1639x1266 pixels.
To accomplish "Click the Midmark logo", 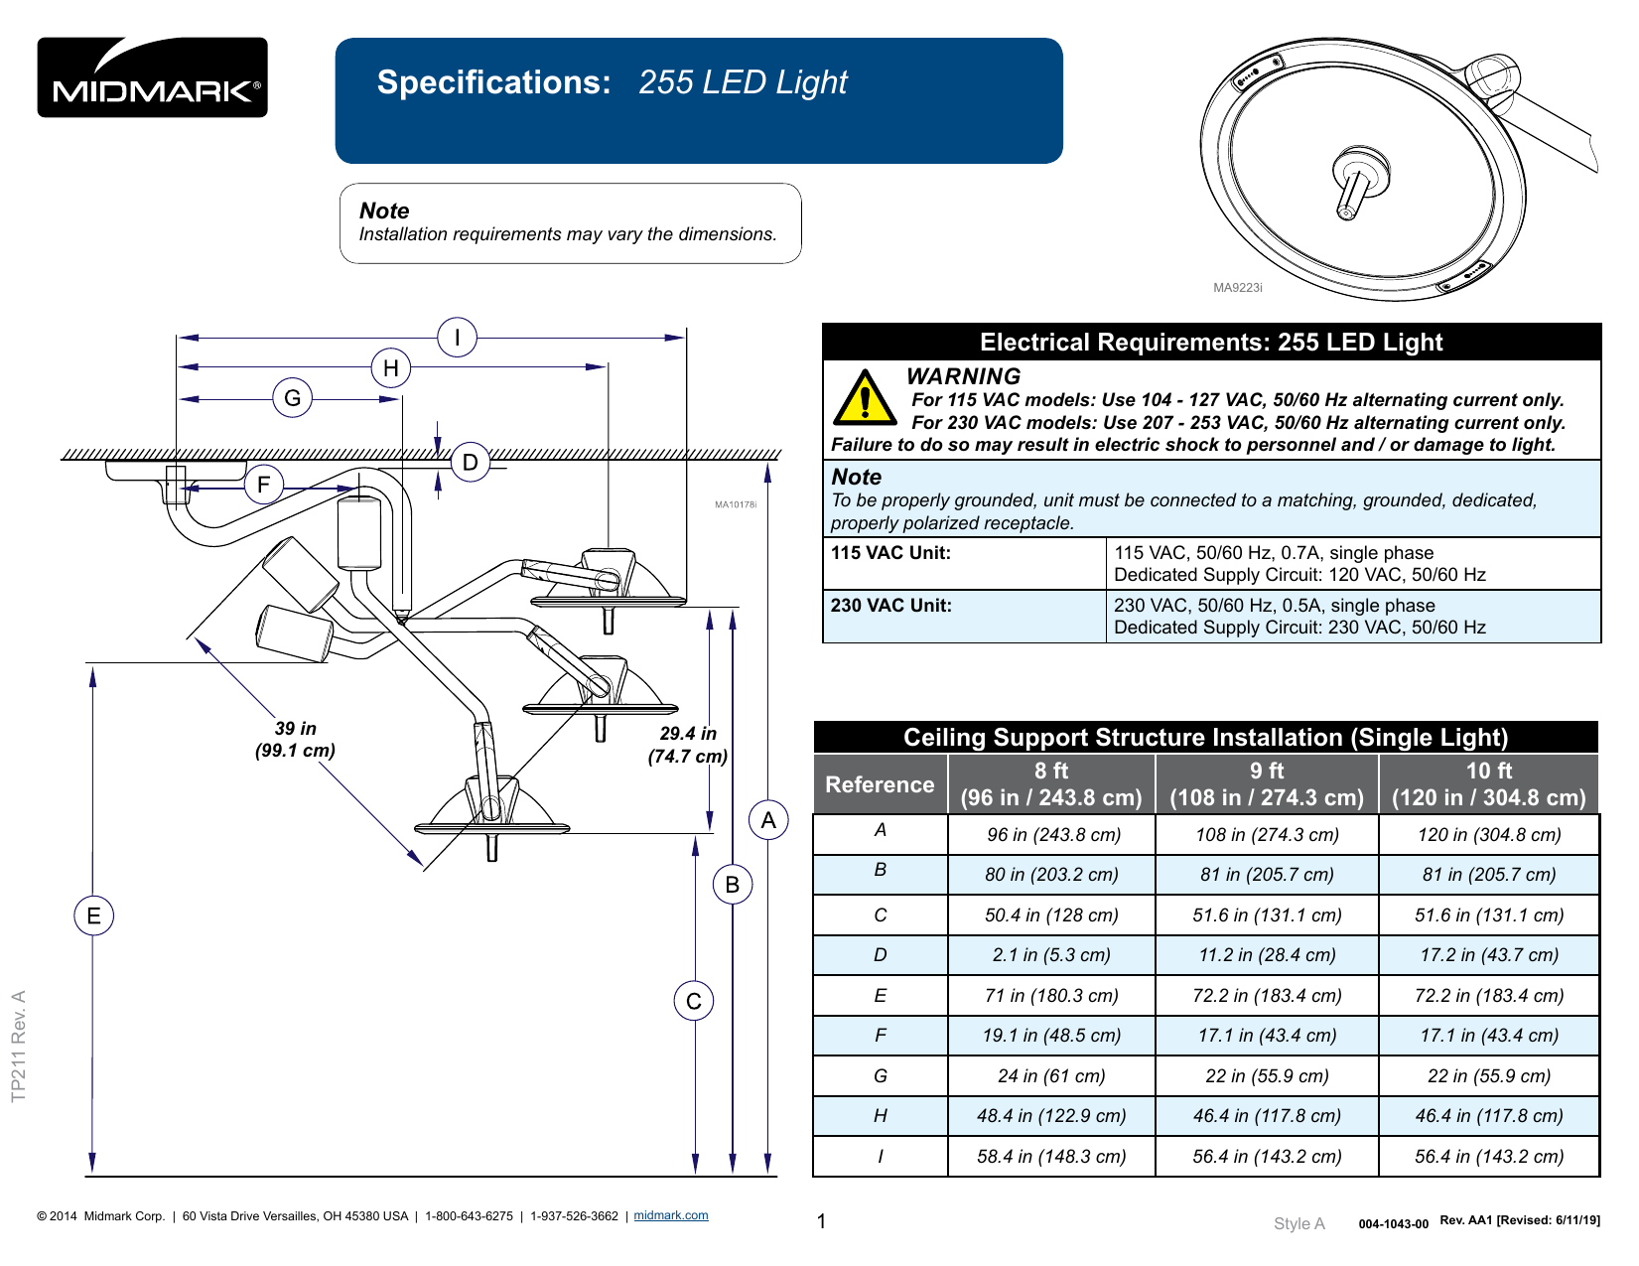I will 152,77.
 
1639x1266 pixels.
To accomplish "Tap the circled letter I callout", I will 457,338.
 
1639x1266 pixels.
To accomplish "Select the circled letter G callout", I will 292,399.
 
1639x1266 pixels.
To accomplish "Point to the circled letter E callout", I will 93,915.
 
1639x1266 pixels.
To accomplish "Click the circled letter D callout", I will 470,462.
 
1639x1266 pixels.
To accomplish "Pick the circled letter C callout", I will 693,1001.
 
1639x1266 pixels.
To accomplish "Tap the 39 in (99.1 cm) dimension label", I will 295,740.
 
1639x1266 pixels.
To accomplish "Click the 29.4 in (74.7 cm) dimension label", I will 688,745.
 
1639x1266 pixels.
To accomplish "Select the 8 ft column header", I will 1050,784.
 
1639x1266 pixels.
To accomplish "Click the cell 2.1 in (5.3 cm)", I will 1050,955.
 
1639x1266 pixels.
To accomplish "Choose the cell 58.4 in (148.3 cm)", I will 1050,1157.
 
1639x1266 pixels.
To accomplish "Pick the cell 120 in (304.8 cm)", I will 1488,835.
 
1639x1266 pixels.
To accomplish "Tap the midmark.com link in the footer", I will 671,1215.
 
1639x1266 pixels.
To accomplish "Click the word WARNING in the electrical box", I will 963,376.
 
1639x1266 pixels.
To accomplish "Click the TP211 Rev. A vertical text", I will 18,1046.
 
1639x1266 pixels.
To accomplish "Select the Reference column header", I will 880,784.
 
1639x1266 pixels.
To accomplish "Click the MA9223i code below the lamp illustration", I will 1237,288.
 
